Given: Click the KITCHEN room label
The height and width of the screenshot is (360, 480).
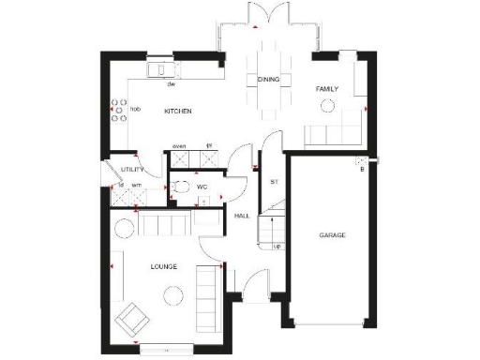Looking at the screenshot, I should (178, 112).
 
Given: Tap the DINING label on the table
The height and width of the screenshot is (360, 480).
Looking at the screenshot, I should (267, 80).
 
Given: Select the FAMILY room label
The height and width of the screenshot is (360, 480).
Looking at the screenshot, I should (326, 90).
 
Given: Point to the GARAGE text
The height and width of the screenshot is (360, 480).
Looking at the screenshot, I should (332, 234).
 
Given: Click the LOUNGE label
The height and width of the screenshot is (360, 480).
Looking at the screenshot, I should (164, 266).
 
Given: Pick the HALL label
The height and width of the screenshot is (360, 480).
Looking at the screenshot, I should (240, 217).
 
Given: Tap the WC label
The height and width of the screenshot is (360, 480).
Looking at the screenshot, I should (201, 186).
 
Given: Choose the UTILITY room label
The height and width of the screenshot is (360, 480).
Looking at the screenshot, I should (131, 169).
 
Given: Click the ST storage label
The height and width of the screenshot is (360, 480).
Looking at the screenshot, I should (274, 181).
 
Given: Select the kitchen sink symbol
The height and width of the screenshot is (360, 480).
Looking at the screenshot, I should (159, 70).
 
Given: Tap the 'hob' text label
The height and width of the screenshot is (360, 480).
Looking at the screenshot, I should (136, 110).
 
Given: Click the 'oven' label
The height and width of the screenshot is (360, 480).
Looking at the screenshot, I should (178, 146).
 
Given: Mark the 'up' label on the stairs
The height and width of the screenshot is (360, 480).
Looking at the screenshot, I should (277, 247).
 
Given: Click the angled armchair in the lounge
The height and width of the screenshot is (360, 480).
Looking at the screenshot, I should (130, 319).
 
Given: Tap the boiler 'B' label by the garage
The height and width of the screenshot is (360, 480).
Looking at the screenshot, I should (361, 170).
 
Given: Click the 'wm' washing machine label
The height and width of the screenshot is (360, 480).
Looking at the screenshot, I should (136, 185).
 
